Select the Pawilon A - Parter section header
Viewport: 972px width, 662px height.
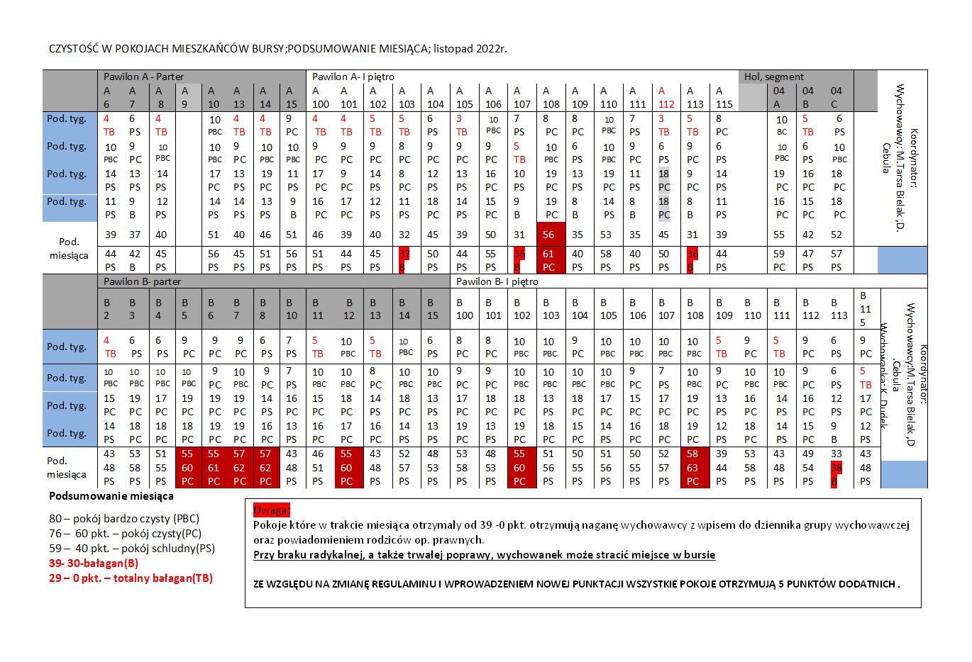[143, 77]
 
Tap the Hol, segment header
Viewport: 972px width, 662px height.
[774, 77]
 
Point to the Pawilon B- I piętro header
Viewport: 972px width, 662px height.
[497, 281]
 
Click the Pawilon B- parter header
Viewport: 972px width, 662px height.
[142, 281]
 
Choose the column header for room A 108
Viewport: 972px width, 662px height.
[551, 97]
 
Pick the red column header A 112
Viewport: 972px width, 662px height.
[666, 97]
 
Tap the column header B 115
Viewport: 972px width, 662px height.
[865, 309]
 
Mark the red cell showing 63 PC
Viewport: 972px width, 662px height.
[692, 474]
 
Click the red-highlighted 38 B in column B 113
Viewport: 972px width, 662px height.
[836, 474]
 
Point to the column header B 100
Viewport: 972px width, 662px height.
[464, 309]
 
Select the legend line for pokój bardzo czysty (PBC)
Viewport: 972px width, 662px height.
[124, 518]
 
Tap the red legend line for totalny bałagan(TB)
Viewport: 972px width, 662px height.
[131, 578]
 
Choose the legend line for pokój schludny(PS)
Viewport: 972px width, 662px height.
[132, 548]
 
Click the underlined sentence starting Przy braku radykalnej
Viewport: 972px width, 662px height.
[484, 555]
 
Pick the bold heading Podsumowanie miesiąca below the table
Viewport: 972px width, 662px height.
[111, 496]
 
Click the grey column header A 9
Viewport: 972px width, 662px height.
[184, 97]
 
